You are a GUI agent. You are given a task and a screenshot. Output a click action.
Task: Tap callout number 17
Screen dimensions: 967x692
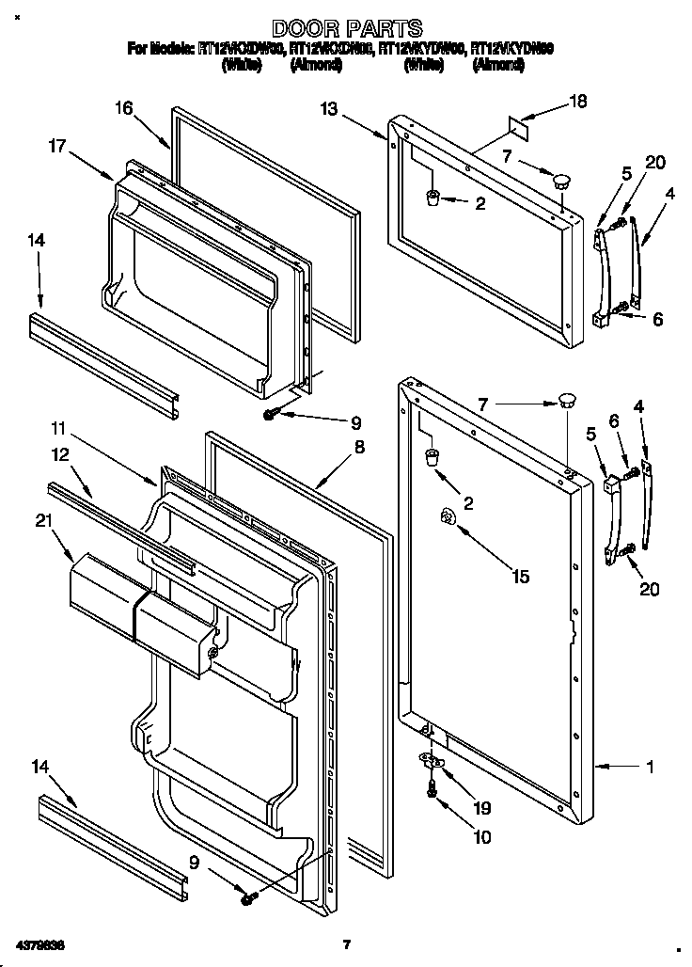57,146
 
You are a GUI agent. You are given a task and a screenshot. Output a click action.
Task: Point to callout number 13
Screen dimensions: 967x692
328,109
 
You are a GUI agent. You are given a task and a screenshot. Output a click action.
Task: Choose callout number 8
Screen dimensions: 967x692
359,449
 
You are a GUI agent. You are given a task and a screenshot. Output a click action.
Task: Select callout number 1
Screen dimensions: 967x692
649,766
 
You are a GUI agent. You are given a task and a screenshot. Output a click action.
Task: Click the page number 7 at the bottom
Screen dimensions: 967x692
346,943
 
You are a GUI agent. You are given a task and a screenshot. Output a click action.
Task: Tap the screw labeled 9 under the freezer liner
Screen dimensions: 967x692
271,413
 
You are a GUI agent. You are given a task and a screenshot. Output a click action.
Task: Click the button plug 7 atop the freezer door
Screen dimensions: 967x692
562,178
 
